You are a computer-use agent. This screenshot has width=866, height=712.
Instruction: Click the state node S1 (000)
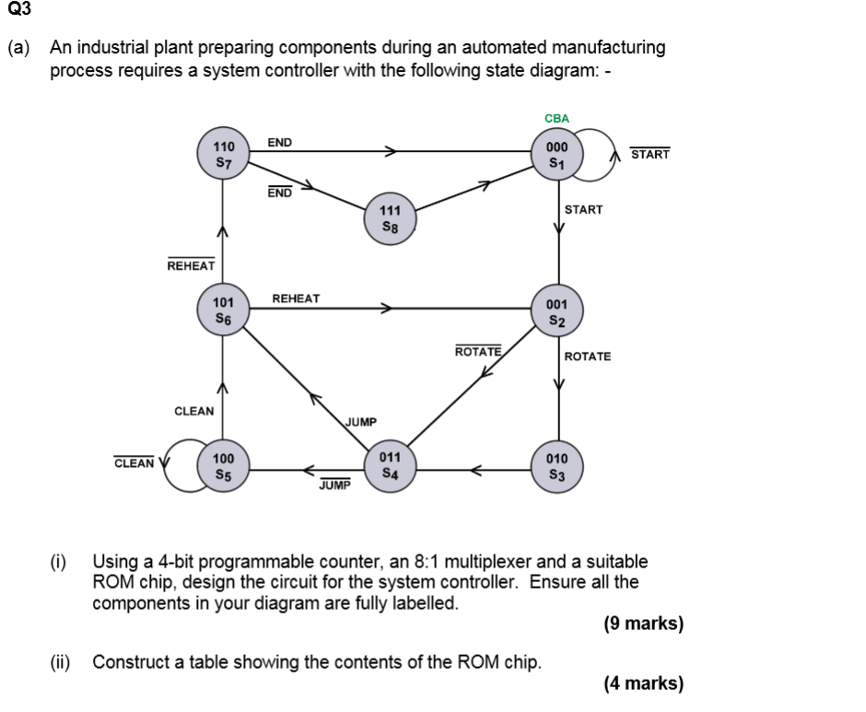[x=557, y=154]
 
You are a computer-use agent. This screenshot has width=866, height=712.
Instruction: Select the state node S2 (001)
[x=557, y=311]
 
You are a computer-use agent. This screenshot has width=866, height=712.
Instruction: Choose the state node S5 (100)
[x=223, y=467]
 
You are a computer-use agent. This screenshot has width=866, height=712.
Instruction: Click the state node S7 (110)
[x=223, y=154]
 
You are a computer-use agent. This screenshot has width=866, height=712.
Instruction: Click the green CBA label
[x=557, y=119]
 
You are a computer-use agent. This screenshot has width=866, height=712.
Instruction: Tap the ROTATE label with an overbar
[x=478, y=352]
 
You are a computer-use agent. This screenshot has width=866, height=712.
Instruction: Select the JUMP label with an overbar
[x=335, y=485]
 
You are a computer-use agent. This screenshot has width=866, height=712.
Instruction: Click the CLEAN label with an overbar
[x=134, y=462]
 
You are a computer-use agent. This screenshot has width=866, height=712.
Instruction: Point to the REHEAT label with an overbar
[x=191, y=265]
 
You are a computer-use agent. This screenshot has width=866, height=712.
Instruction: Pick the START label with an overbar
[x=649, y=154]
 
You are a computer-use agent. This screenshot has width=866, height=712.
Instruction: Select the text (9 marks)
[x=643, y=624]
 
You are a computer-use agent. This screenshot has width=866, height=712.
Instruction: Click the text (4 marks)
[x=643, y=683]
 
